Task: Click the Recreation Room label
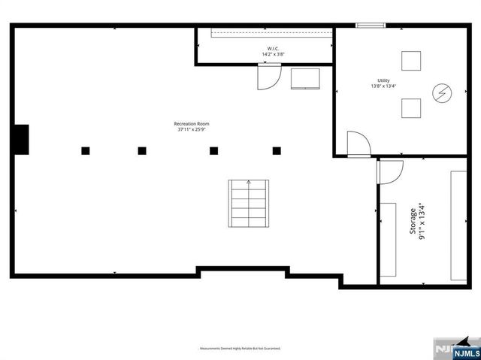point(192,123)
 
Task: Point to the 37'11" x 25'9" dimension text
point(192,129)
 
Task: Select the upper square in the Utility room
point(411,60)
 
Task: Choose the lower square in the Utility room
point(411,109)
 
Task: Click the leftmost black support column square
point(85,150)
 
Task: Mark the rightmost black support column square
point(277,150)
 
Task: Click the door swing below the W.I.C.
point(268,77)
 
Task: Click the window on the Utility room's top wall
point(371,26)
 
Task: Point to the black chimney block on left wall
point(21,139)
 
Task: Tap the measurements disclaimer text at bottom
point(240,349)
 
